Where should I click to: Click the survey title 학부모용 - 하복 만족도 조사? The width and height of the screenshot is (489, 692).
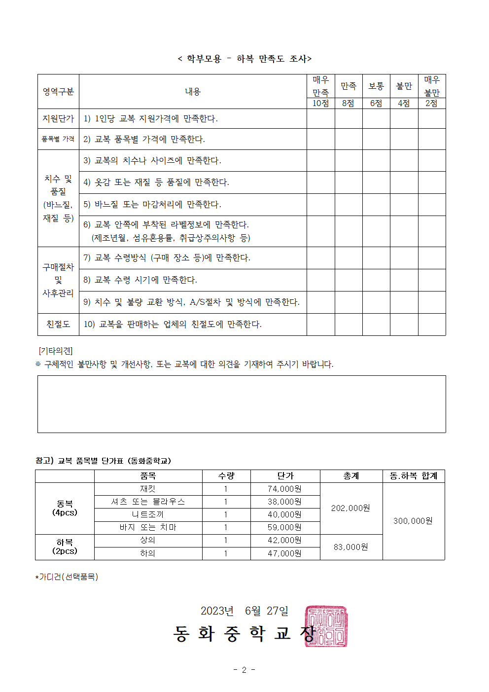[244, 59]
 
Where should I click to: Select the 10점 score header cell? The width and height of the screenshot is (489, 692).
[320, 103]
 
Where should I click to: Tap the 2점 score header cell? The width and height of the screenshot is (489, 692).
[431, 103]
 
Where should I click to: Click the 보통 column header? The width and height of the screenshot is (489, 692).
[376, 86]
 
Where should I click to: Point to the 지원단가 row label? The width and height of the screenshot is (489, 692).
[58, 119]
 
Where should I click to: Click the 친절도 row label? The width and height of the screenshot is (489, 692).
[58, 324]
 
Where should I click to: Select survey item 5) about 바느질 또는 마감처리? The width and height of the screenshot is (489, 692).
[152, 204]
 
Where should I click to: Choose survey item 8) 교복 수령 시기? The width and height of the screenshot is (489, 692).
[140, 280]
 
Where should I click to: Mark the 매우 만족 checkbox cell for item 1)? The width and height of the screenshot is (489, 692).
[320, 119]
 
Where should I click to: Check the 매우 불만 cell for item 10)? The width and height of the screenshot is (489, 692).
[431, 324]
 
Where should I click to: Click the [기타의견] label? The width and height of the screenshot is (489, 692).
[56, 351]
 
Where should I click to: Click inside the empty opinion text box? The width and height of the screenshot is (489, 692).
[242, 404]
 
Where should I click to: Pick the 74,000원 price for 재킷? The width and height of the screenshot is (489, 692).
[284, 489]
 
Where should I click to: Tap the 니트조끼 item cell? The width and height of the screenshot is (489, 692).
[148, 514]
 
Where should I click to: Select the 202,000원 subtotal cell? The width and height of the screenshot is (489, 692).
[350, 508]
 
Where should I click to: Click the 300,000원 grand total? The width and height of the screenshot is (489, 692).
[413, 521]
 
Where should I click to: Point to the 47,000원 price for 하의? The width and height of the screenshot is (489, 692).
[284, 553]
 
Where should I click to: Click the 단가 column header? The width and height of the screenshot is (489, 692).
[285, 476]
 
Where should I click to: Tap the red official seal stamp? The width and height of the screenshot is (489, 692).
[326, 626]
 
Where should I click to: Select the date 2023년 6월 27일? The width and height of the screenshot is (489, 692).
[244, 611]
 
